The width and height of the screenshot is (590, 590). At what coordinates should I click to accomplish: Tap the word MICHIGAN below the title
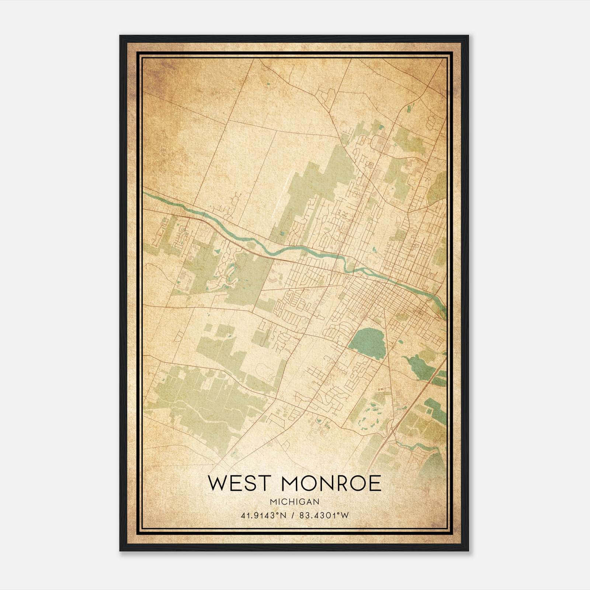[x=294, y=502]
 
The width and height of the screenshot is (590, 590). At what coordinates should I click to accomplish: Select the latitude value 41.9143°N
[x=263, y=516]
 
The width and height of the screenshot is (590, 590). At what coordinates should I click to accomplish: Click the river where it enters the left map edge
[x=146, y=193]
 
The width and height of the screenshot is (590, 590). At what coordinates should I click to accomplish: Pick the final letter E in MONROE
[x=374, y=483]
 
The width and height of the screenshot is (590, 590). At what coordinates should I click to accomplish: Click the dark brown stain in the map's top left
[x=155, y=74]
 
